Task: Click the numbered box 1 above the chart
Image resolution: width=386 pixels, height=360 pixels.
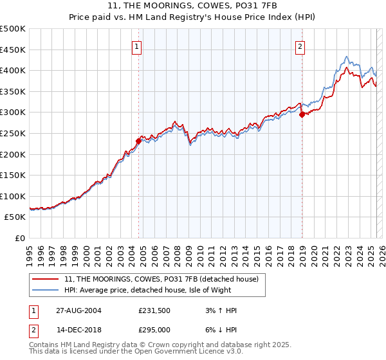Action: pos(138,46)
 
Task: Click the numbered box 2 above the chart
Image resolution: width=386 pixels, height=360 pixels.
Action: pos(300,46)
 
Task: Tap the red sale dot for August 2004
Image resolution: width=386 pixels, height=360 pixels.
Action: pos(138,141)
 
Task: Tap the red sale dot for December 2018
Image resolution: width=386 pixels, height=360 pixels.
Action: pos(302,114)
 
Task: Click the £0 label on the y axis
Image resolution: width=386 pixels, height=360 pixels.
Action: pos(19,238)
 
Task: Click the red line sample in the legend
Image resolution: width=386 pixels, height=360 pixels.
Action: pos(46,279)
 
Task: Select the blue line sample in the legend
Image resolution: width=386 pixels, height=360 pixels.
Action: pos(46,290)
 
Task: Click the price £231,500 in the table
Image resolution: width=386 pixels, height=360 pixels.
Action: pos(152,310)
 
